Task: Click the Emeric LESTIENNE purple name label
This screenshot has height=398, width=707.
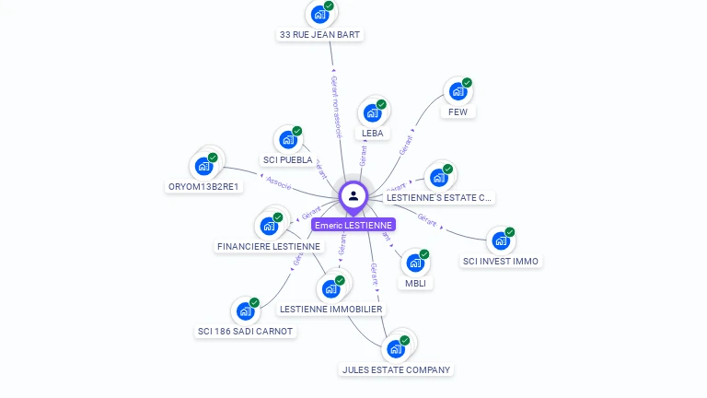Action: (x=353, y=225)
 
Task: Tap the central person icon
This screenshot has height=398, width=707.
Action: (x=353, y=195)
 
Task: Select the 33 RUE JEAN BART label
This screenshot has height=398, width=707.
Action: (x=320, y=35)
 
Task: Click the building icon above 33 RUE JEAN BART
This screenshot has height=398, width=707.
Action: (x=319, y=15)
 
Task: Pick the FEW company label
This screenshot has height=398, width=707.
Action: (x=458, y=112)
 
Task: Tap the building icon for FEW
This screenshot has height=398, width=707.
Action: (x=457, y=92)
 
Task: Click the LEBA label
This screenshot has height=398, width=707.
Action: (x=373, y=134)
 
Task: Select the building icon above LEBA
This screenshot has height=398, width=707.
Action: (x=372, y=113)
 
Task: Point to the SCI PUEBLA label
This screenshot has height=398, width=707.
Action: (x=288, y=160)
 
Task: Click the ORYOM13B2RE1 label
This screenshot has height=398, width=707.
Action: (x=203, y=187)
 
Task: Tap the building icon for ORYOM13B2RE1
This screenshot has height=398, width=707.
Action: (x=203, y=167)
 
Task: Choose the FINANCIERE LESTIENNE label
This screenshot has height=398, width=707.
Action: (x=269, y=247)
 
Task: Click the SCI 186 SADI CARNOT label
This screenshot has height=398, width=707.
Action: (x=246, y=332)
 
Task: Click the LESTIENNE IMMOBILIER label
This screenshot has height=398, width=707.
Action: (x=331, y=310)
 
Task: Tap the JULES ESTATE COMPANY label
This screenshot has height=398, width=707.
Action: (x=397, y=370)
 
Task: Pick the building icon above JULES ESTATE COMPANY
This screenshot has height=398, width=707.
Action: (x=396, y=349)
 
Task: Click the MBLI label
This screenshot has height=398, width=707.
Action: (x=415, y=283)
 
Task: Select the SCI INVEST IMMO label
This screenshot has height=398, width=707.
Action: (x=501, y=262)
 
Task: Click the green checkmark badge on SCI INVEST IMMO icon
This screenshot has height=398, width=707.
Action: (x=510, y=232)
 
